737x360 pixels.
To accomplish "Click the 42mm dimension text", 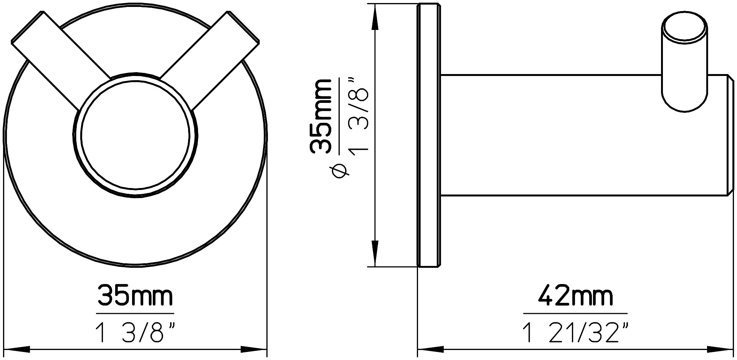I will pos(575,296).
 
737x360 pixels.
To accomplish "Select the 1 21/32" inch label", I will pos(575,333).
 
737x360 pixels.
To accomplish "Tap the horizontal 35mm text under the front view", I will pos(135,296).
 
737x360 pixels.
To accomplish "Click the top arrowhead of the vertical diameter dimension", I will pos(375,17).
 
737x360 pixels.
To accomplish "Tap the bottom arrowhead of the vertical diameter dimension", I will pos(375,253).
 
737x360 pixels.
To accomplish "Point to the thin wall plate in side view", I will pos(429,134).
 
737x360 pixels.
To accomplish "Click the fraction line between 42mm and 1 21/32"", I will pos(575,314).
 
